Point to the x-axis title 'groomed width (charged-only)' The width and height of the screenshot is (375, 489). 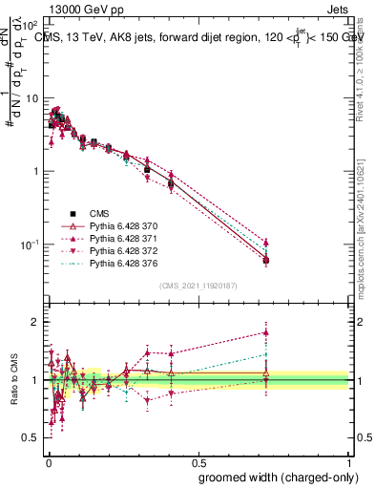click(x=272, y=476)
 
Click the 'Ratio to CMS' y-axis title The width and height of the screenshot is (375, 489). click(x=12, y=380)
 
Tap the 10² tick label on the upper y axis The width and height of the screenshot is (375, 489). click(x=28, y=26)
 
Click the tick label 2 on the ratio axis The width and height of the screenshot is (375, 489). click(x=35, y=322)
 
